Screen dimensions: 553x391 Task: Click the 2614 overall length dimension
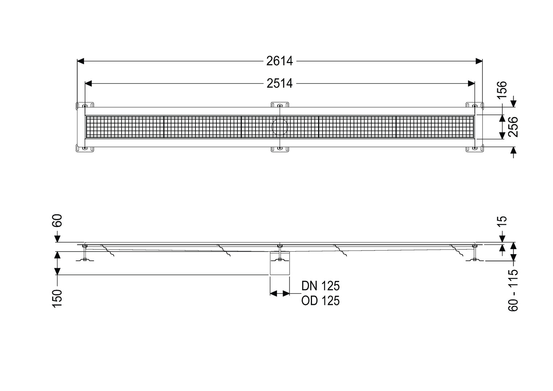coord(279,61)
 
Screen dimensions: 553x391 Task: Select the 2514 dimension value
coord(279,84)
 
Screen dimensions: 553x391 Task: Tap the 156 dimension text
coord(502,90)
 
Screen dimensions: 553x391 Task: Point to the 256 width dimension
coord(513,127)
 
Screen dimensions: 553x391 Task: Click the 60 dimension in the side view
coord(58,220)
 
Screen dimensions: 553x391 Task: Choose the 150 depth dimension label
coord(58,299)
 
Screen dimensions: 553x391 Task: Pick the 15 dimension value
coord(502,221)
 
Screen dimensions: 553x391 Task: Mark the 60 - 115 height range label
coord(513,290)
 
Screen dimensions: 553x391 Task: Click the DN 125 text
coord(320,286)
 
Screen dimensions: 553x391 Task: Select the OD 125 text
coord(320,300)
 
